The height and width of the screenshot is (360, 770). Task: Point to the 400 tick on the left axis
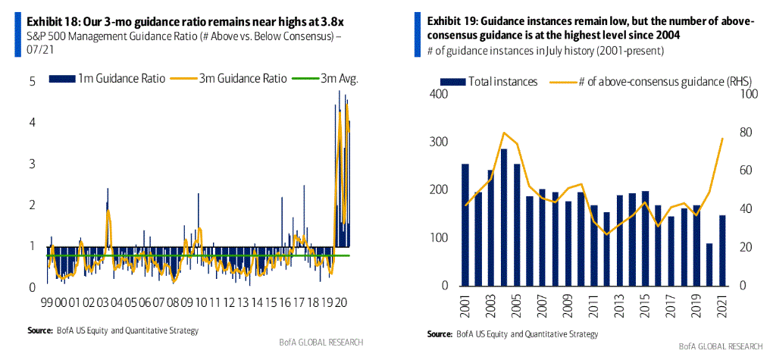438,94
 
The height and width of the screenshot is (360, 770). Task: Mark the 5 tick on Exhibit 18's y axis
33,82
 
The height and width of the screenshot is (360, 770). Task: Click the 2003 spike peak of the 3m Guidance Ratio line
108,210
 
